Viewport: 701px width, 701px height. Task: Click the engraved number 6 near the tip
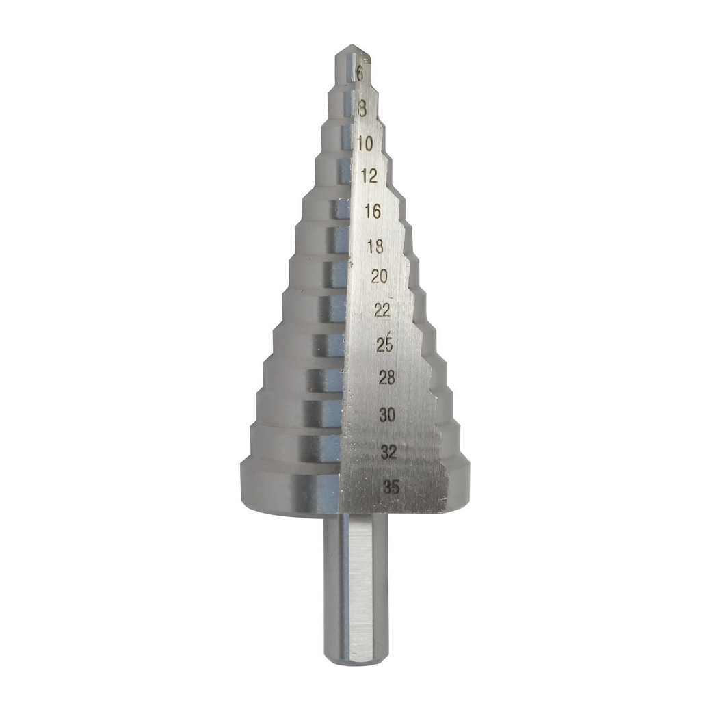(360, 73)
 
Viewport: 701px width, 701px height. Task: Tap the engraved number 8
(362, 109)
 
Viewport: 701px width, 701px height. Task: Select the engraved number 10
(365, 144)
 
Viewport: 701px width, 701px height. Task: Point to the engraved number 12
(370, 176)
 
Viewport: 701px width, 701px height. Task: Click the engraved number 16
(373, 211)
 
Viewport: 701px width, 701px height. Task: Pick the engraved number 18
(375, 246)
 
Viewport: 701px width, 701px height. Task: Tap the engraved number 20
(379, 277)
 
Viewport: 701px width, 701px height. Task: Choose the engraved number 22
(382, 310)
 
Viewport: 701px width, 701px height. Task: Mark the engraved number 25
(384, 345)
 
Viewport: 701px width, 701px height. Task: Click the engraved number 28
(386, 378)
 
